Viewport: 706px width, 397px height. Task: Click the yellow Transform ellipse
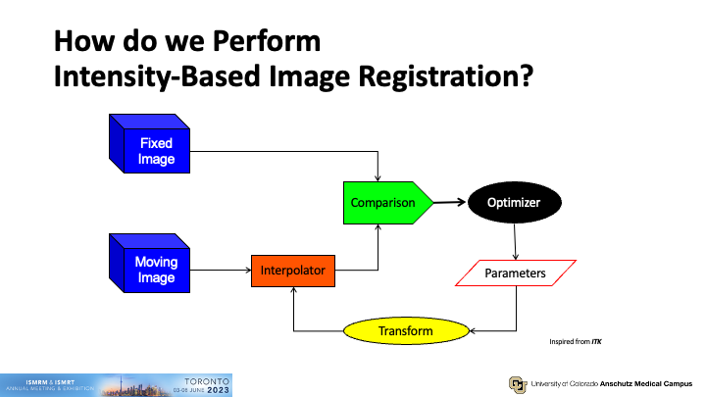click(405, 331)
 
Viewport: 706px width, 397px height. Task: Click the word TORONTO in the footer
click(207, 378)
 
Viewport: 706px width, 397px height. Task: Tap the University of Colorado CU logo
click(516, 383)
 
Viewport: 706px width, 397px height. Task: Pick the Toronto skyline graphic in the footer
click(132, 382)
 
